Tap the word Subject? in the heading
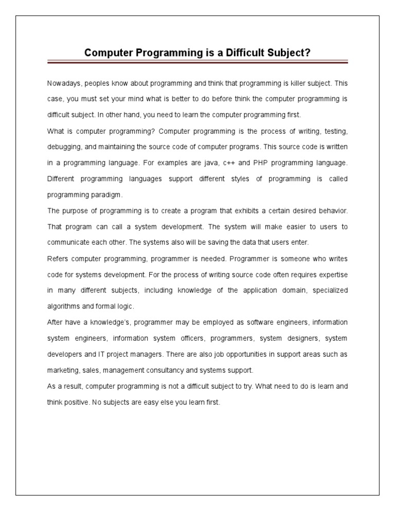point(285,52)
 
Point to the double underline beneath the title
point(197,62)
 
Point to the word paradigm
point(109,195)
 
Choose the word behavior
point(331,211)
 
